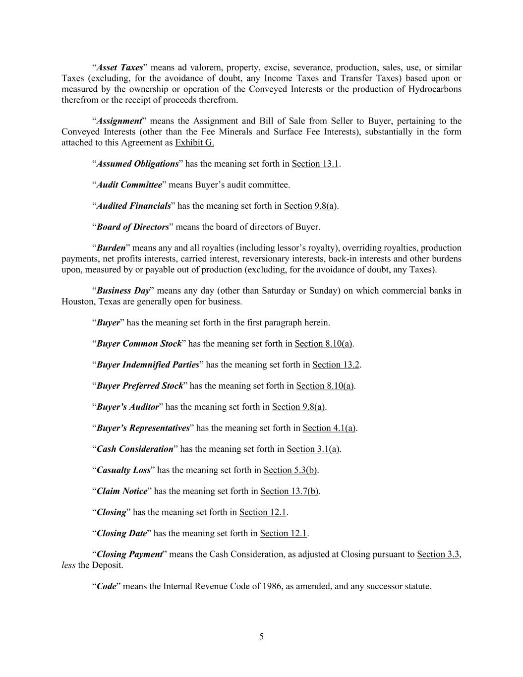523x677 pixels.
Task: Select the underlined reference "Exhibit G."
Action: click(194, 143)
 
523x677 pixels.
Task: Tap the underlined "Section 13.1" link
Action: click(315, 164)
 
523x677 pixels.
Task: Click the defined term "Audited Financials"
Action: click(133, 206)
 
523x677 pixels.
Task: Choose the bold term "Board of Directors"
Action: click(132, 227)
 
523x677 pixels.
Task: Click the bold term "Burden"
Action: click(111, 248)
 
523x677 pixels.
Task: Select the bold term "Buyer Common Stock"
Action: click(139, 344)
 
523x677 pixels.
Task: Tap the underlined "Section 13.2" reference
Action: click(336, 365)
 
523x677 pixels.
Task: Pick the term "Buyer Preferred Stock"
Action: click(140, 386)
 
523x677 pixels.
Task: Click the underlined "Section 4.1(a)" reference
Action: click(329, 428)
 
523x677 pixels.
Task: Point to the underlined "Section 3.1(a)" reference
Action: click(313, 449)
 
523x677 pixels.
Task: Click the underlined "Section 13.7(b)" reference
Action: click(289, 491)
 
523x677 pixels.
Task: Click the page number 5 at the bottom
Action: click(261, 637)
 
